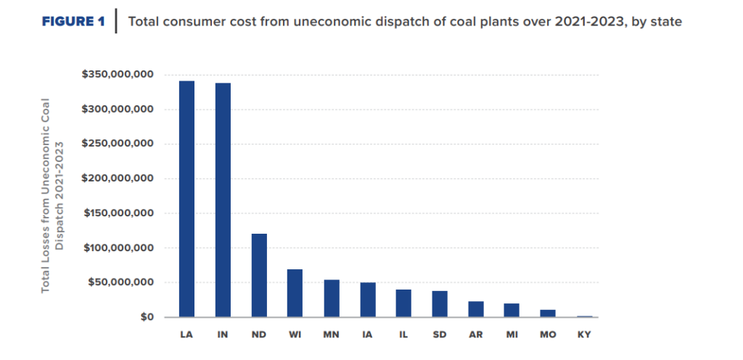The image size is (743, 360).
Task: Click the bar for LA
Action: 186,199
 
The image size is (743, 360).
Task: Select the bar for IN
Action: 222,200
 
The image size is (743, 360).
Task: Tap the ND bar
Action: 259,275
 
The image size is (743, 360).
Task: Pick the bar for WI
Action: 295,293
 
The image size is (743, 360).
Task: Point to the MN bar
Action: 331,298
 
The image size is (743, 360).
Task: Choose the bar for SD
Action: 440,304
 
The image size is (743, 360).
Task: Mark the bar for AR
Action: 476,309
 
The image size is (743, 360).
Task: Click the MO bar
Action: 548,314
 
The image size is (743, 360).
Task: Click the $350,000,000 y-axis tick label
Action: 119,75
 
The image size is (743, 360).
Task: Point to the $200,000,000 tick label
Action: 119,179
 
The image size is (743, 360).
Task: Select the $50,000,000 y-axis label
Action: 122,282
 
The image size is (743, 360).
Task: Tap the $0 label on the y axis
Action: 146,317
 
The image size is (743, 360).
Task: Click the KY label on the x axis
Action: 584,335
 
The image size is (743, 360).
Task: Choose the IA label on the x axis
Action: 367,335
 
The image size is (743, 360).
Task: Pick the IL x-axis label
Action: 403,335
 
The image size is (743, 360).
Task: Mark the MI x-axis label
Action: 512,335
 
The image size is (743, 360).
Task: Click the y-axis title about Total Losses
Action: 52,196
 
